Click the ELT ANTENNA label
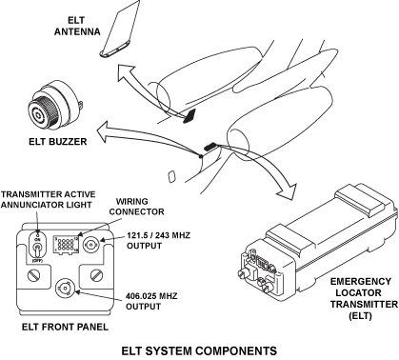77,26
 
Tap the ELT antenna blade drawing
121,30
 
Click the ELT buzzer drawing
54,105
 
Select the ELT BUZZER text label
58,141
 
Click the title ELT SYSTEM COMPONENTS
199,350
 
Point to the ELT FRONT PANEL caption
65,327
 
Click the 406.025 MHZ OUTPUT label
151,301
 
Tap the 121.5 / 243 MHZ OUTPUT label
158,240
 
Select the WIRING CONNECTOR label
136,207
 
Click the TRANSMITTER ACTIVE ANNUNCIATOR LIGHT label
48,199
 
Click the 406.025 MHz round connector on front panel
65,289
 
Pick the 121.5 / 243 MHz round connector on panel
92,245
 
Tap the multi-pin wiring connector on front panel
66,245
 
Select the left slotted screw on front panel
33,275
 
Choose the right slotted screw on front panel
97,274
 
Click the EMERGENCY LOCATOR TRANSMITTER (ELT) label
364,298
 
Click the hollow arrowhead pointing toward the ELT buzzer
105,130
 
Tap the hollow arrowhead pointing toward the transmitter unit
287,191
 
